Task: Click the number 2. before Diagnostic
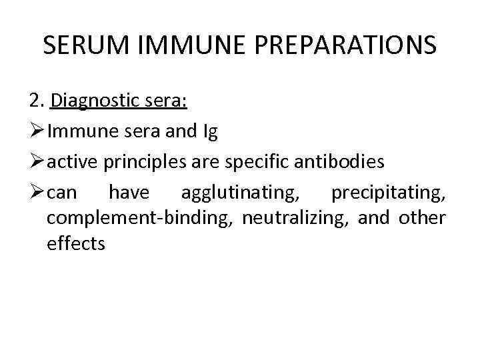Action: pyautogui.click(x=37, y=101)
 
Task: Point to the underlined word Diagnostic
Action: pyautogui.click(x=95, y=101)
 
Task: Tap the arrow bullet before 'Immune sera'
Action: pyautogui.click(x=37, y=132)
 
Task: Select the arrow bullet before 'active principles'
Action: pyautogui.click(x=37, y=162)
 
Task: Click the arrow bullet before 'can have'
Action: pyautogui.click(x=37, y=193)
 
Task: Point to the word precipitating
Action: pyautogui.click(x=388, y=193)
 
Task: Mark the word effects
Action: pyautogui.click(x=76, y=243)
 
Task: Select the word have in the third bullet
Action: pyautogui.click(x=129, y=193)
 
